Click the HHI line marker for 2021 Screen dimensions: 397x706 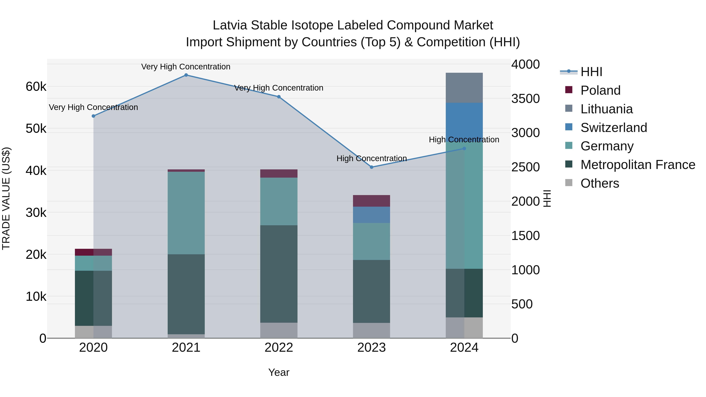click(x=186, y=75)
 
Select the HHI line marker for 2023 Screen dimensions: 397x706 click(x=372, y=167)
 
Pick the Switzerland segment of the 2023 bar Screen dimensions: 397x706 click(x=372, y=215)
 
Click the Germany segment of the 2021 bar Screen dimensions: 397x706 click(x=186, y=213)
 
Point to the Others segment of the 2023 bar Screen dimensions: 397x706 click(x=372, y=330)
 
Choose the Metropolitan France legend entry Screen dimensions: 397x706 click(x=638, y=165)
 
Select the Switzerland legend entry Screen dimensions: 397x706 click(x=614, y=128)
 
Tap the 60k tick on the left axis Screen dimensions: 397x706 click(x=36, y=87)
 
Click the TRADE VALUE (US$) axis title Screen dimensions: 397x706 click(x=6, y=198)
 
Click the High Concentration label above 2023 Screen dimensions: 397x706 click(x=372, y=158)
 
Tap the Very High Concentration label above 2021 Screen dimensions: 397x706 click(x=186, y=67)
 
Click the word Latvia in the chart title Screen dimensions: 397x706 click(x=230, y=25)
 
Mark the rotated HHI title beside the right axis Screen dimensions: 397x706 click(x=547, y=198)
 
